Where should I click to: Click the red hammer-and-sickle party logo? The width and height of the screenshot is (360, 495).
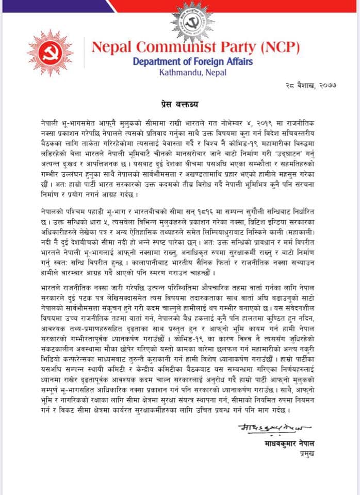50,54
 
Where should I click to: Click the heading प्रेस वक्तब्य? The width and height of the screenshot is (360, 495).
182,104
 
